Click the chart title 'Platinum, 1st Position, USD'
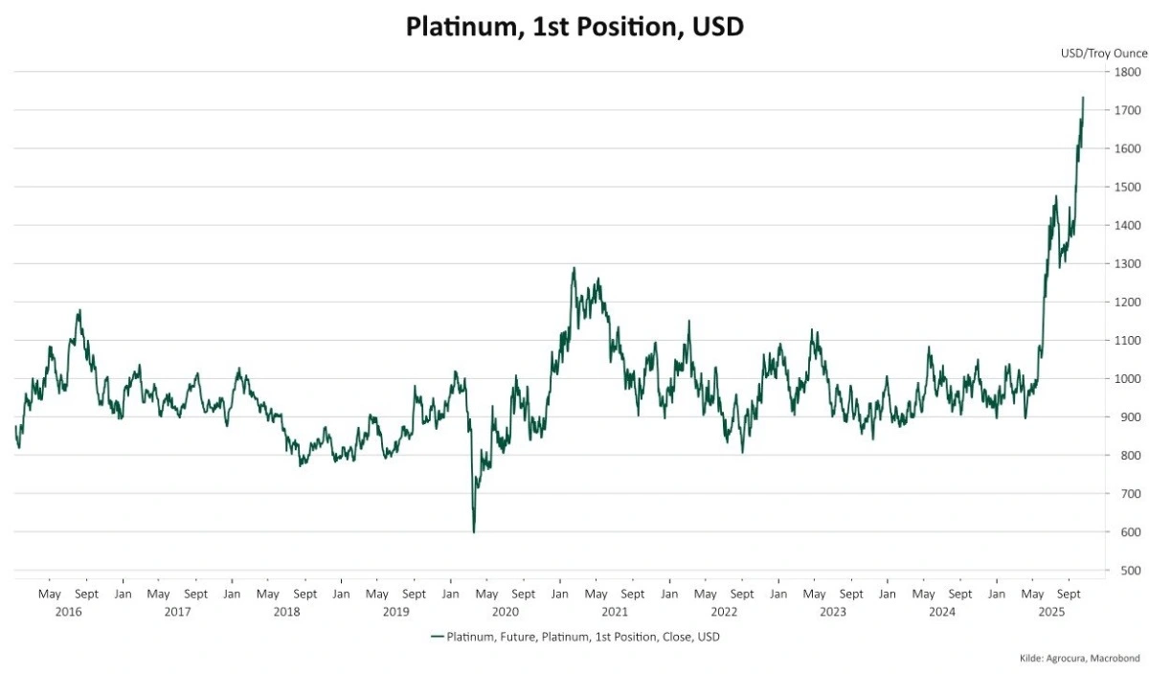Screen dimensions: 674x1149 574,26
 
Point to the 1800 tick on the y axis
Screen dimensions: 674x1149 1127,72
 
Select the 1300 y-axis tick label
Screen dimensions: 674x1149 1127,264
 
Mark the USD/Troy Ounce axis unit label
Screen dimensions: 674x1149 1103,54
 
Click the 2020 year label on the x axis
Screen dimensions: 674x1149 505,611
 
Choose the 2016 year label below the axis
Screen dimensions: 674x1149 68,611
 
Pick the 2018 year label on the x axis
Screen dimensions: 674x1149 286,611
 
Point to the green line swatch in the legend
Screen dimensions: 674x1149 438,637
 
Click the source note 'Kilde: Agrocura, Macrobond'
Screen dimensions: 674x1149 1079,659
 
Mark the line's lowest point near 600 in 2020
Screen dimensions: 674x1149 474,531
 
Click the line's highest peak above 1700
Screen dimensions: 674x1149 1083,98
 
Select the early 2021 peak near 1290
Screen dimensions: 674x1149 574,268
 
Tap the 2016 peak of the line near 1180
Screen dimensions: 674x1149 79,309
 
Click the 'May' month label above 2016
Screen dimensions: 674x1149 50,594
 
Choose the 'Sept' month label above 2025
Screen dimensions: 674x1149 1069,594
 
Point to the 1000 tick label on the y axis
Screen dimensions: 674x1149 1127,379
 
